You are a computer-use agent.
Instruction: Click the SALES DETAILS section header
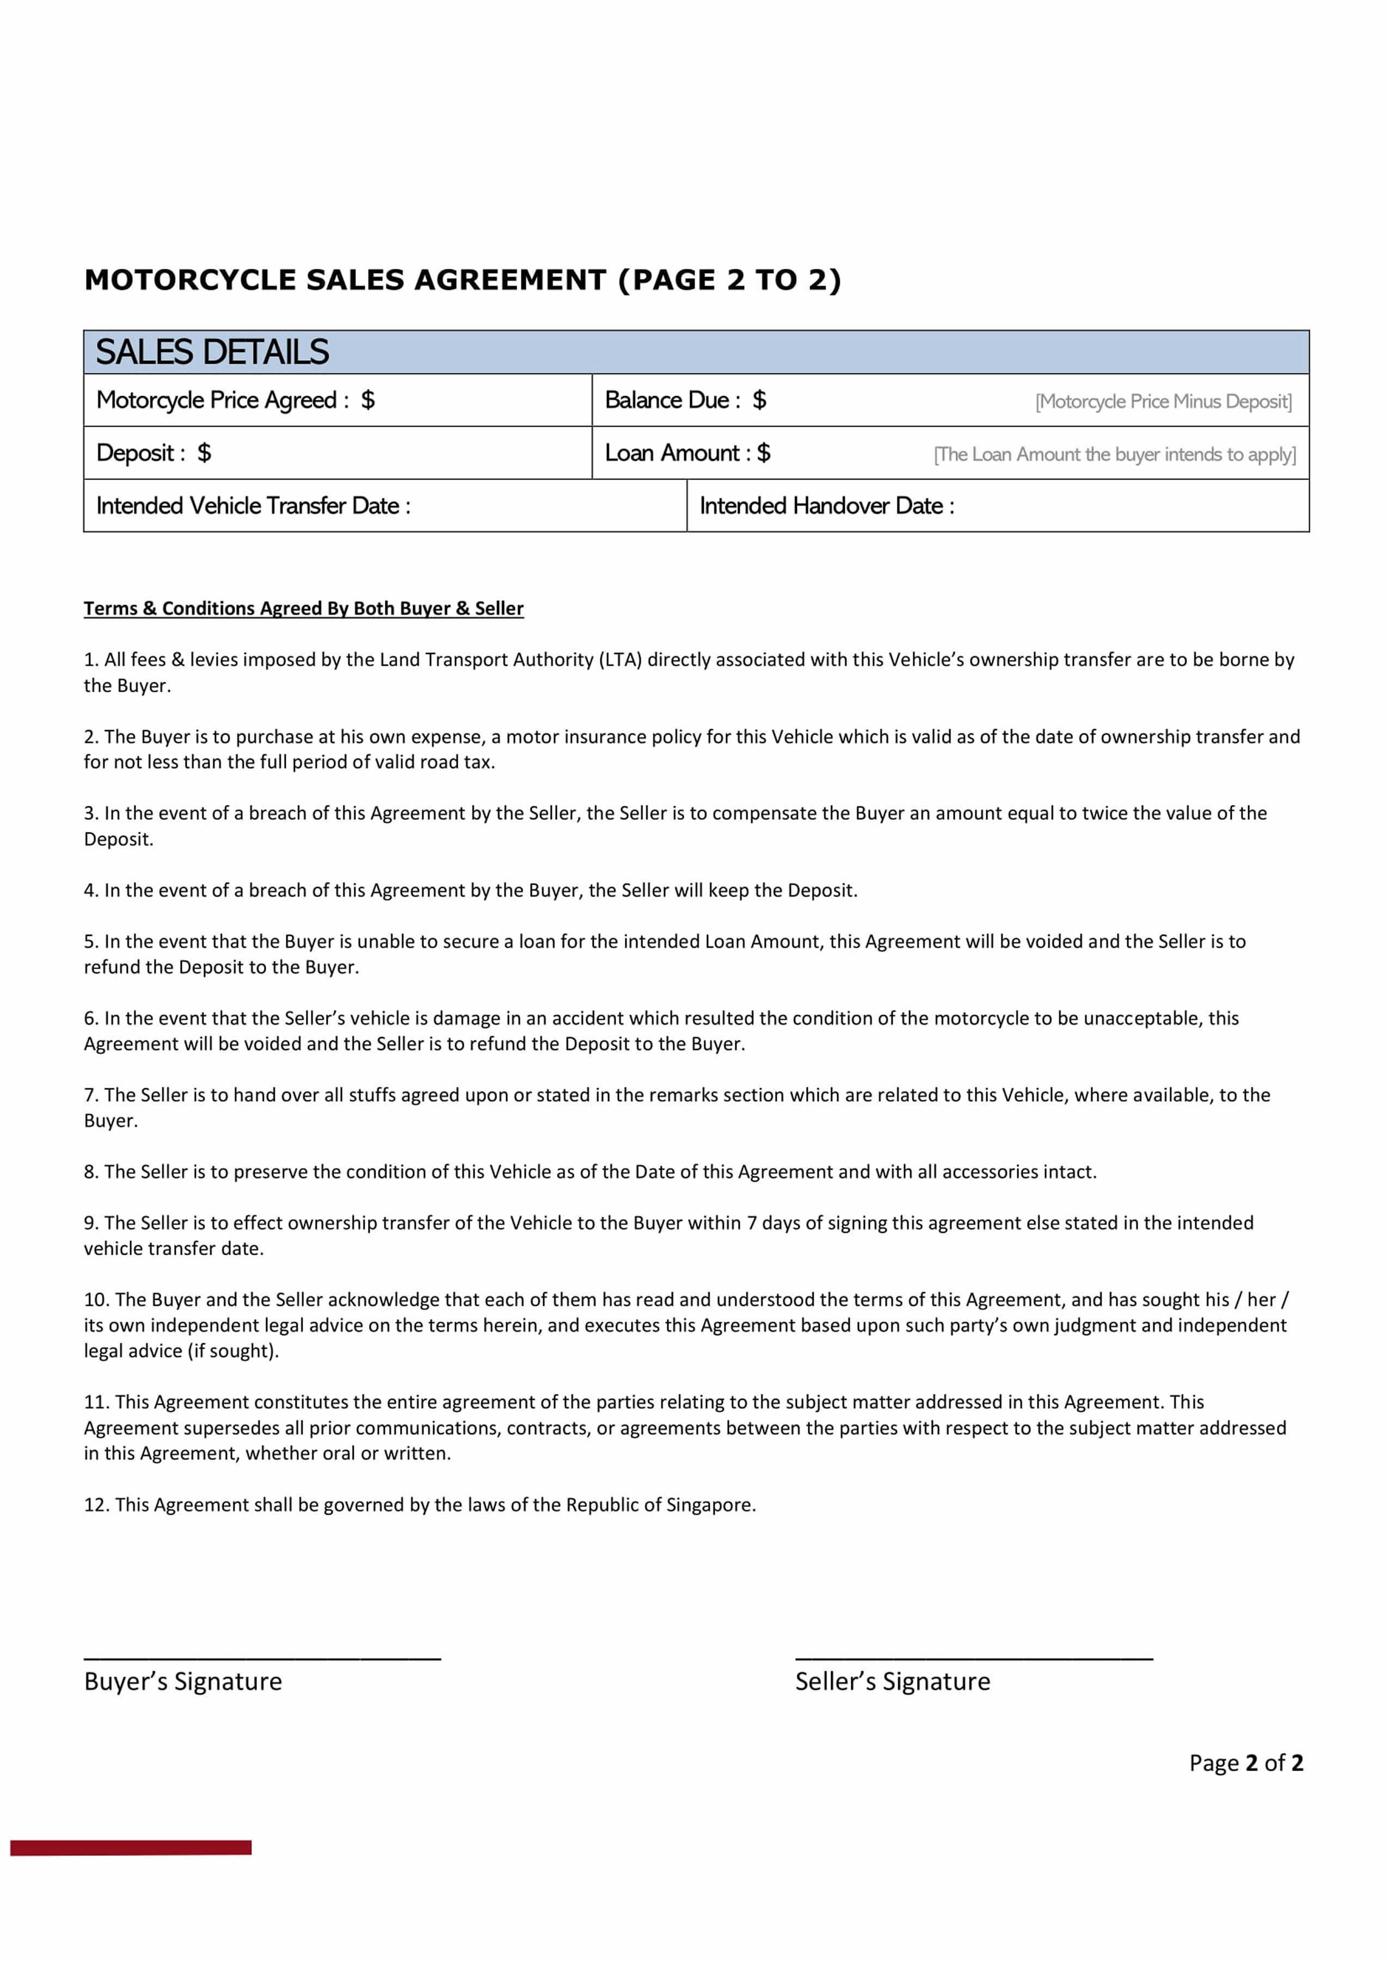212,352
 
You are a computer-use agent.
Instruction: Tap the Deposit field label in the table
140,453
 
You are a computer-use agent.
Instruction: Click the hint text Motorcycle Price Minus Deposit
1163,402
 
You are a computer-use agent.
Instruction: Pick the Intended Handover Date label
826,506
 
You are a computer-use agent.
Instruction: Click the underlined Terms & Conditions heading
303,608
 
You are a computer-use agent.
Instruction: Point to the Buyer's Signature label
183,1682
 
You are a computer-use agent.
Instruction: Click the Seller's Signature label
892,1682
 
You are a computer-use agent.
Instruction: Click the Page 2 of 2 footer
1245,1763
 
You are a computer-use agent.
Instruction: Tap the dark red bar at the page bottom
131,1848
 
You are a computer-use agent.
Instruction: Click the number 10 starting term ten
96,1300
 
